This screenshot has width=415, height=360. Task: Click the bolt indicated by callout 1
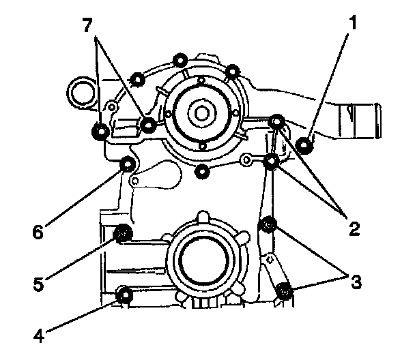click(x=306, y=143)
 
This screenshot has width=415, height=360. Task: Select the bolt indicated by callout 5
click(x=124, y=235)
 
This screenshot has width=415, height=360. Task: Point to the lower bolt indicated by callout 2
click(x=272, y=162)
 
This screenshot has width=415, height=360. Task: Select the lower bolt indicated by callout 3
click(x=285, y=292)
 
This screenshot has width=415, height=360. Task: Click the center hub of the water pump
click(x=202, y=110)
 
